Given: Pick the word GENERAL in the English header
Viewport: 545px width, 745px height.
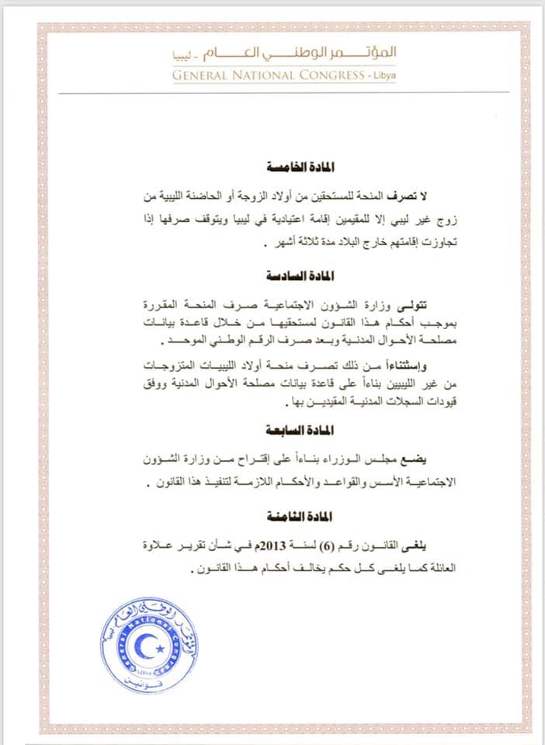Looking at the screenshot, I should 207,75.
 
